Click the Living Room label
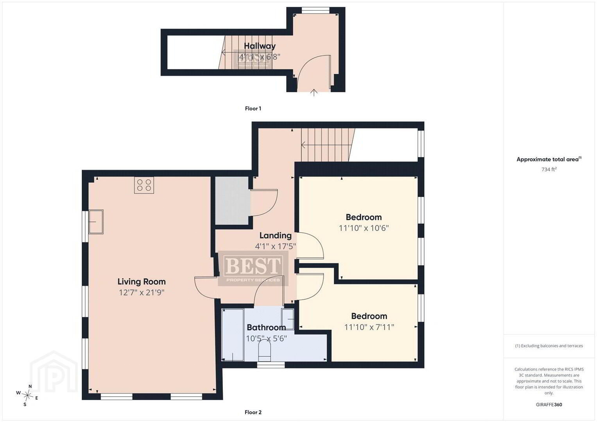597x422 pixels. pos(142,282)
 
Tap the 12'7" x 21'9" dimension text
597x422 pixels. pos(142,293)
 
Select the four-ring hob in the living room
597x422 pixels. pos(144,185)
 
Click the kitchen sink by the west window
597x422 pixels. pos(96,222)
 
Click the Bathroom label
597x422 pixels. pos(266,327)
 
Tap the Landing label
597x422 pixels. pos(276,236)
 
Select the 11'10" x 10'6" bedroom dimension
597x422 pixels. pos(364,228)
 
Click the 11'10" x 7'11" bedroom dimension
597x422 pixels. pos(369,327)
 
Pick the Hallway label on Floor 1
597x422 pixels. pos(260,46)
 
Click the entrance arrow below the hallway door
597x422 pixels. pos(314,93)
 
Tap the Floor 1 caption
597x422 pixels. pos(253,109)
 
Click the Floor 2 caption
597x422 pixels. pos(253,412)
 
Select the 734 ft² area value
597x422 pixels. pos(549,169)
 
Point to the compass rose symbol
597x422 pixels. pos(27,395)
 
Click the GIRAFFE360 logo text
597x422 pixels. pos(549,405)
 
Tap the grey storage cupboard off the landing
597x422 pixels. pos(232,200)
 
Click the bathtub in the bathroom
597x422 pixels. pos(233,335)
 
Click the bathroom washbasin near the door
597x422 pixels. pos(288,319)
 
